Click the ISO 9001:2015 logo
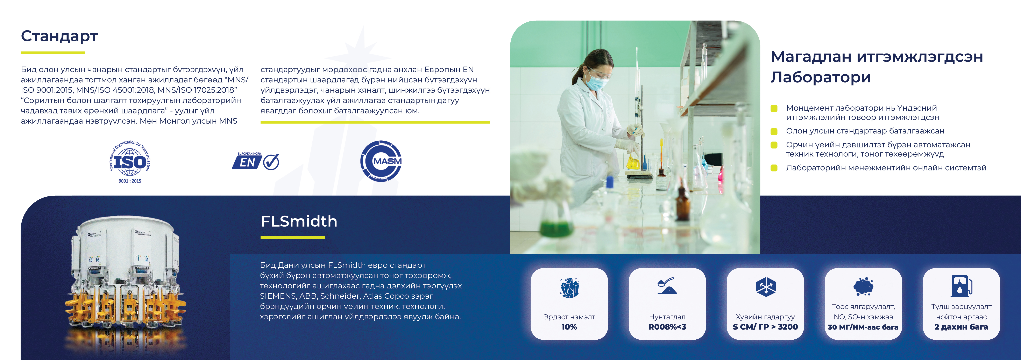pos(130,162)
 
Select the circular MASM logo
pos(381,161)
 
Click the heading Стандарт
pos(59,36)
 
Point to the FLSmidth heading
pos(299,221)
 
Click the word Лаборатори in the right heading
pos(821,77)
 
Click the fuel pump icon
pos(961,286)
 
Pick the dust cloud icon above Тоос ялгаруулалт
pos(863,286)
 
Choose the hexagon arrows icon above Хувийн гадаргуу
pos(766,287)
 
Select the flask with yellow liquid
pos(633,161)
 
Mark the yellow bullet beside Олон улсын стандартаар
pos(774,131)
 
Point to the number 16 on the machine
pos(98,260)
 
